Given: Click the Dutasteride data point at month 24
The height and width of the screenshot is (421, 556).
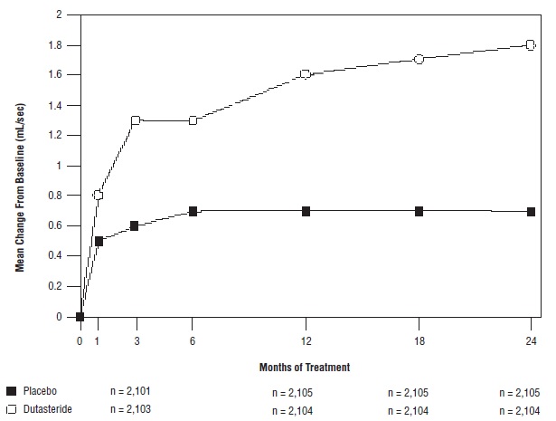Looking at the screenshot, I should click(x=531, y=45).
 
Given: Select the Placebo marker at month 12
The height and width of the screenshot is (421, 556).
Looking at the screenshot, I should click(x=306, y=211).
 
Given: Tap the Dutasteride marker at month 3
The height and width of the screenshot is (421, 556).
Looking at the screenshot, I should click(x=137, y=120).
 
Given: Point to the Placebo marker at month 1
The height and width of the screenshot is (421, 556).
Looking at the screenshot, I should click(x=99, y=242).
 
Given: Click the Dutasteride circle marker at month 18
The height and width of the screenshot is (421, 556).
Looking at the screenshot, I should click(x=419, y=60).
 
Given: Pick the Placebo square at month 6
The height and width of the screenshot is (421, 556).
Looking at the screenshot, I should click(x=193, y=211).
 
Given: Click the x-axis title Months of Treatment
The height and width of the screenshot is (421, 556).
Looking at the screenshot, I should click(x=306, y=368).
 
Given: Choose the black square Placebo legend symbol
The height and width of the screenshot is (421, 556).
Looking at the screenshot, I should click(x=11, y=391).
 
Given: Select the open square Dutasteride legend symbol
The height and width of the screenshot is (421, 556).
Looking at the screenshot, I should click(x=11, y=410).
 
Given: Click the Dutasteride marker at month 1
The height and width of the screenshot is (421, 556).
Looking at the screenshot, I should click(x=99, y=196).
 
